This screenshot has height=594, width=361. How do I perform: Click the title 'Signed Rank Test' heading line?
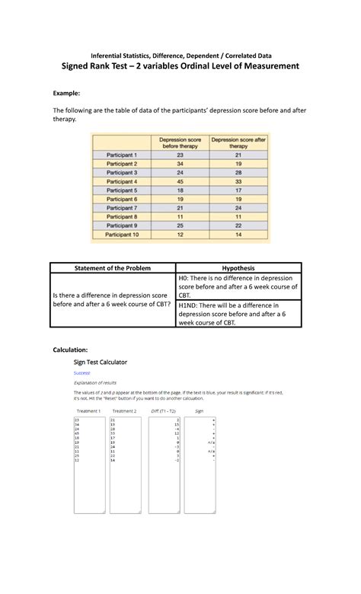[x=180, y=67]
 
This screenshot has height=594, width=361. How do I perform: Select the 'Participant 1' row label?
[x=122, y=154]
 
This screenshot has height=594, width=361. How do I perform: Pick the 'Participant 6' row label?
[x=122, y=199]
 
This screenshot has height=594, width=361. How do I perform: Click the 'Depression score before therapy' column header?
[x=180, y=142]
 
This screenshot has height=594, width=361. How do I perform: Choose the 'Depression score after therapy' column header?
[x=238, y=142]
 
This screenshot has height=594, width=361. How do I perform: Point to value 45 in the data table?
[x=180, y=181]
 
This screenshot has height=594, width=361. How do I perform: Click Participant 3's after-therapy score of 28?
[x=238, y=172]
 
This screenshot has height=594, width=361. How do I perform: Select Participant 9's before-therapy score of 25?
[x=180, y=226]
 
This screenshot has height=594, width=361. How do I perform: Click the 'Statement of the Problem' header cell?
[x=113, y=268]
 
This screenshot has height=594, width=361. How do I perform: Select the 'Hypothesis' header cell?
[x=238, y=268]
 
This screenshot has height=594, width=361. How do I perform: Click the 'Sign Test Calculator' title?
[x=100, y=362]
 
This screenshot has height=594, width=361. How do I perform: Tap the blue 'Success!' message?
[x=81, y=373]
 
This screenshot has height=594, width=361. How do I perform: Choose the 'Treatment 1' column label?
[x=88, y=410]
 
